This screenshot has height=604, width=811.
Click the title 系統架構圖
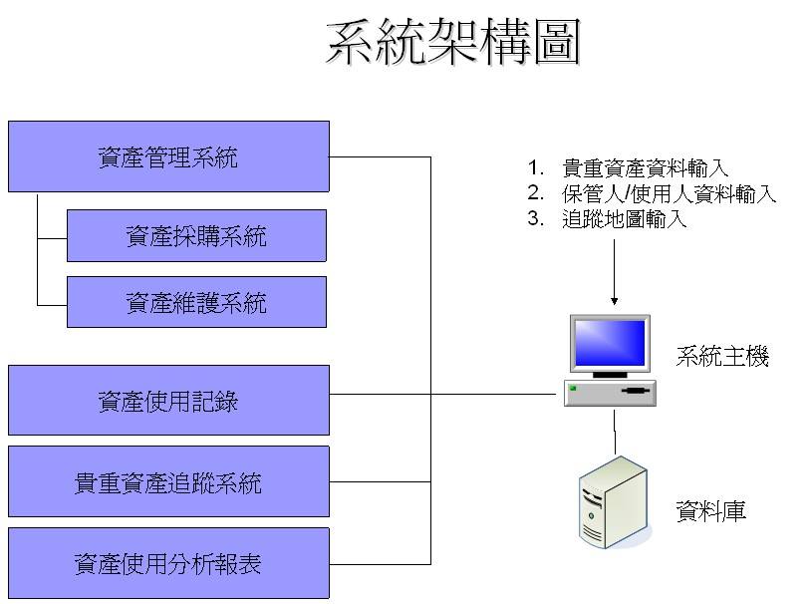point(453,43)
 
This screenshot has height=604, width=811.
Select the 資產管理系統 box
point(168,156)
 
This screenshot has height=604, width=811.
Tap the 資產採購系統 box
point(196,236)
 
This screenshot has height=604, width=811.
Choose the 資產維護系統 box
point(196,302)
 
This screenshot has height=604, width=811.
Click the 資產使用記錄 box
point(168,401)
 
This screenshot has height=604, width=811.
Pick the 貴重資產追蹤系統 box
point(168,482)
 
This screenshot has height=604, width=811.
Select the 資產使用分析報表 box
point(168,564)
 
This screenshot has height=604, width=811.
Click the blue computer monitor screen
point(608,344)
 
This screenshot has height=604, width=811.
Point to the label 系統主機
point(722,357)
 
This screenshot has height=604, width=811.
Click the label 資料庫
point(710,512)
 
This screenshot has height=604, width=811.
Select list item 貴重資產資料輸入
point(645,168)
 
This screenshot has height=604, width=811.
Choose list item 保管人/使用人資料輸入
point(669,194)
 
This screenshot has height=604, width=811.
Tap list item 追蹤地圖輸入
point(625,219)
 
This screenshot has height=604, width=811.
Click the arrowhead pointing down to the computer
point(614,299)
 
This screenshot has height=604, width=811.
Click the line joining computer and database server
point(614,430)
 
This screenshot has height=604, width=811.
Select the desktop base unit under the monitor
point(610,392)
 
